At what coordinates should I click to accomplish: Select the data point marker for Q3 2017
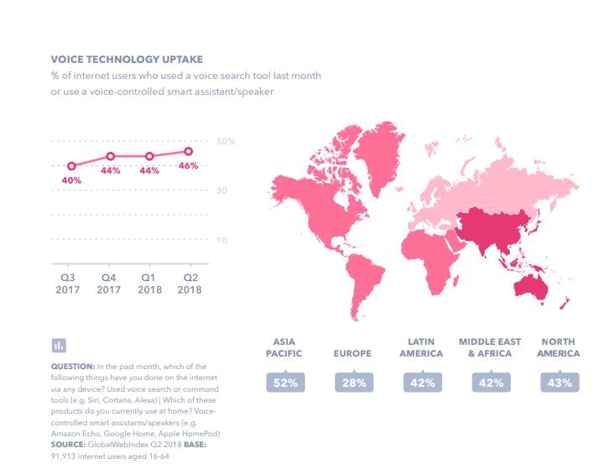[x=71, y=166]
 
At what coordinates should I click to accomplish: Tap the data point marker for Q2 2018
[x=188, y=152]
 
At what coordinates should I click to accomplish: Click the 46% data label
[x=189, y=166]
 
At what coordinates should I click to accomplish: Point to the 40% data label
[x=71, y=180]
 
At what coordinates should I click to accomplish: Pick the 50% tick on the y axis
[x=226, y=141]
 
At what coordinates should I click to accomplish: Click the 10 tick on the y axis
[x=222, y=241]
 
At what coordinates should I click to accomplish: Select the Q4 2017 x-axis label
[x=110, y=283]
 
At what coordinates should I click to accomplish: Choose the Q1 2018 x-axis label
[x=149, y=283]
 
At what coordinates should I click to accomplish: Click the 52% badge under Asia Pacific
[x=284, y=383]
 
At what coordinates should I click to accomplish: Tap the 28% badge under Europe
[x=352, y=383]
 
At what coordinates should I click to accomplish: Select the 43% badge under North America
[x=560, y=383]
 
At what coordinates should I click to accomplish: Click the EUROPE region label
[x=352, y=354]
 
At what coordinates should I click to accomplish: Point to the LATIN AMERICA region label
[x=421, y=348]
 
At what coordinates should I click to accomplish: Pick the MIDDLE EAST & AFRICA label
[x=490, y=348]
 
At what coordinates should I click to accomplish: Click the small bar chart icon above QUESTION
[x=59, y=345]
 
